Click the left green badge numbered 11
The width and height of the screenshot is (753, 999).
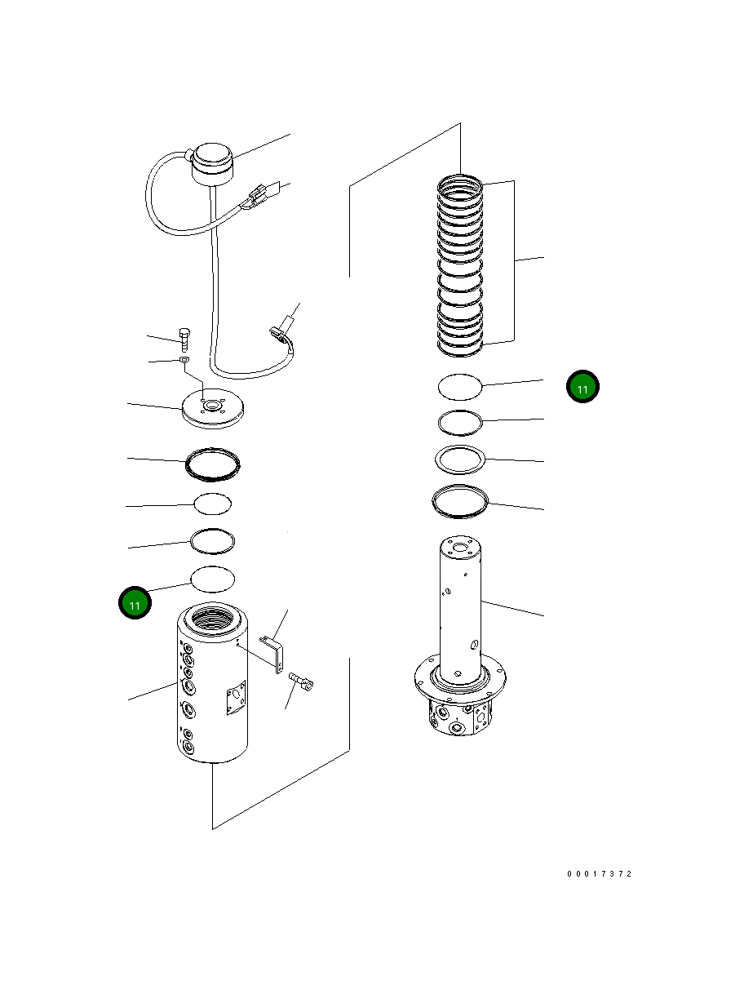tap(135, 605)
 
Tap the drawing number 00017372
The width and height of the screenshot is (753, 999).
tap(600, 874)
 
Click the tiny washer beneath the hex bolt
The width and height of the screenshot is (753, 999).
tap(185, 359)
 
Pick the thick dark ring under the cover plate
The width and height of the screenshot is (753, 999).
tap(213, 463)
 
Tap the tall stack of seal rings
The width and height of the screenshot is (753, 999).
tap(461, 265)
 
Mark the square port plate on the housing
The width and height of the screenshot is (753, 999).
tap(235, 699)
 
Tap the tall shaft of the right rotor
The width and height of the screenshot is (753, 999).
tap(461, 604)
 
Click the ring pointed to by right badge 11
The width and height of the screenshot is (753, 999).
tap(460, 386)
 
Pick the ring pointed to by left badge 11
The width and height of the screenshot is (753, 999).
tap(212, 578)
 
